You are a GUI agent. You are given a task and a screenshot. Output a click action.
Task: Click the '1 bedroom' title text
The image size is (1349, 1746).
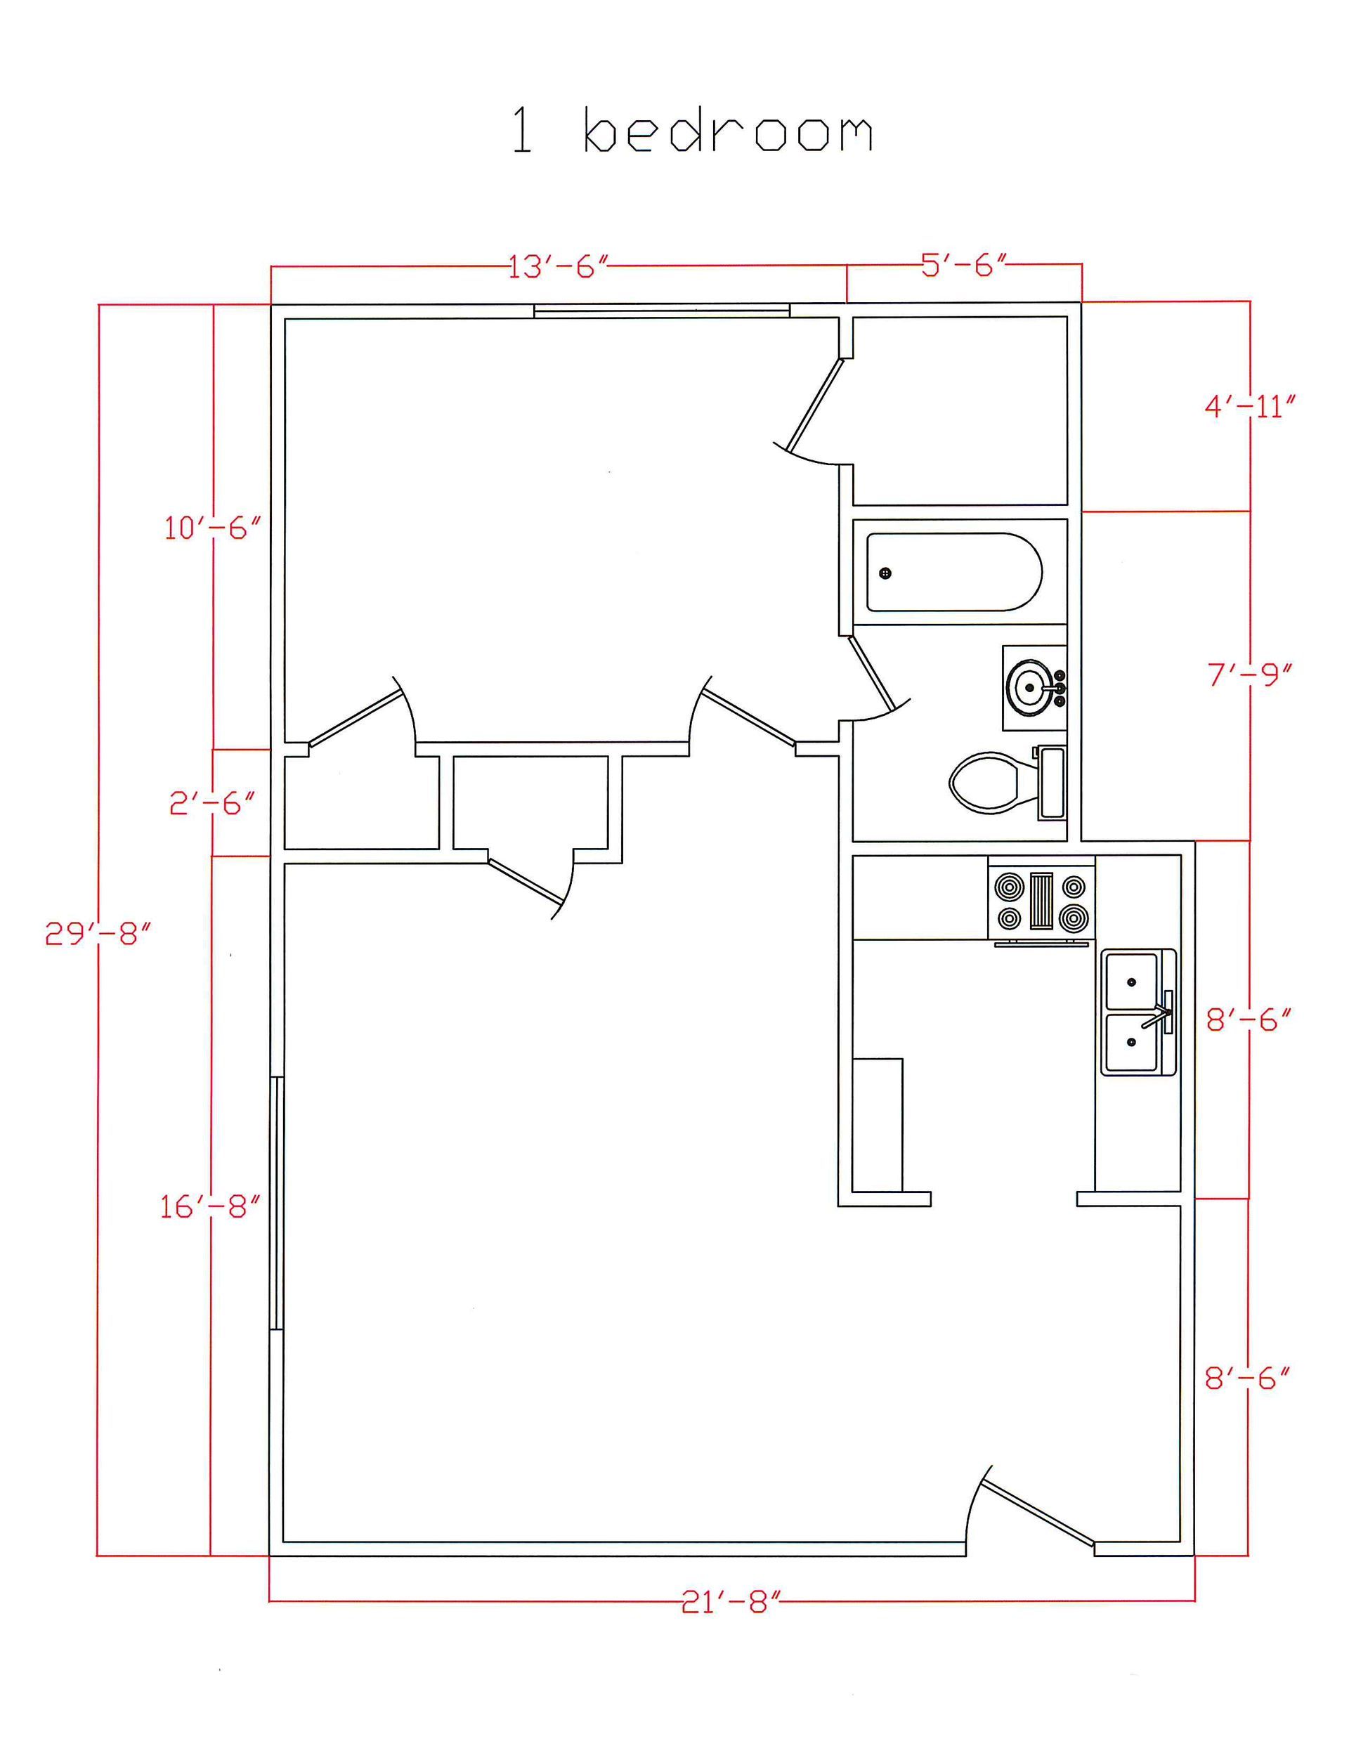(x=691, y=131)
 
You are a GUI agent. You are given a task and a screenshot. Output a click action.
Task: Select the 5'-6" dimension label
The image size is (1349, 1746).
(x=963, y=266)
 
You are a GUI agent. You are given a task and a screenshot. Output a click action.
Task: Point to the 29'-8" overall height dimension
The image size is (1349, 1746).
(x=98, y=933)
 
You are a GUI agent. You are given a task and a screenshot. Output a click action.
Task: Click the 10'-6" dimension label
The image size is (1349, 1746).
(x=213, y=528)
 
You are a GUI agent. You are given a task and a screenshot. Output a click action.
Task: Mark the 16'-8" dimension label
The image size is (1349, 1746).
(x=210, y=1207)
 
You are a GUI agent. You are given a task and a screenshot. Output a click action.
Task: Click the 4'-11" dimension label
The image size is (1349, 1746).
(x=1249, y=407)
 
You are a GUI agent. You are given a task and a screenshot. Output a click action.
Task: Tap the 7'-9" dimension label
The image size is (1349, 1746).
(x=1249, y=675)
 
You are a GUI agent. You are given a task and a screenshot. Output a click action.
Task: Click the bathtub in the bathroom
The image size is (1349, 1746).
(x=953, y=573)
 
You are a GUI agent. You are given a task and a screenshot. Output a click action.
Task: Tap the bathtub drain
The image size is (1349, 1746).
(x=885, y=573)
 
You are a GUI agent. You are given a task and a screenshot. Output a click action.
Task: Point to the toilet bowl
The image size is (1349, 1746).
(x=985, y=783)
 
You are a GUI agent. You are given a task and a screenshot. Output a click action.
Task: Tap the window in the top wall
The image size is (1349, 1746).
(x=661, y=310)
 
